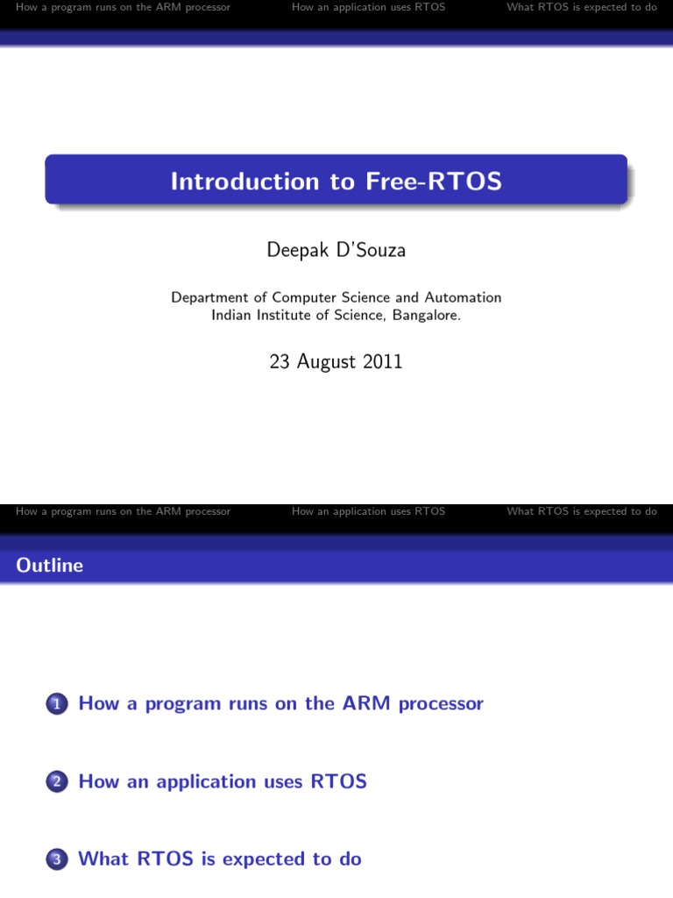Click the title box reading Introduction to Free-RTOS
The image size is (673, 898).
pos(336,181)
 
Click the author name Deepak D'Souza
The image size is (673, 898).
pos(336,251)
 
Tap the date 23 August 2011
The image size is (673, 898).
pos(336,361)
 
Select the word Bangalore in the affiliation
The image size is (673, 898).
pos(427,316)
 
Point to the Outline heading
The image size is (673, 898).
pos(50,566)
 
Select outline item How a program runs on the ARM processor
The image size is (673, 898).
pos(280,703)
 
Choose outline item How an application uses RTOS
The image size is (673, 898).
pos(223,781)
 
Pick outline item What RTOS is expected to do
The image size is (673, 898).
pos(220,859)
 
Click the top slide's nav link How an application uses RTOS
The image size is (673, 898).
pos(368,8)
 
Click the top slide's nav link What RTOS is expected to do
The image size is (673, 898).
pos(582,8)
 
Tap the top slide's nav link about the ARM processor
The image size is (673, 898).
pos(124,8)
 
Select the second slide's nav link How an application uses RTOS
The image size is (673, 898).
pos(368,511)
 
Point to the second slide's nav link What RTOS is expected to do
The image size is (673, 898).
pos(582,511)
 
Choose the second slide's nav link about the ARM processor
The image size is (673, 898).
pos(124,511)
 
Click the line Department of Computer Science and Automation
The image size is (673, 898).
pos(336,298)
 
